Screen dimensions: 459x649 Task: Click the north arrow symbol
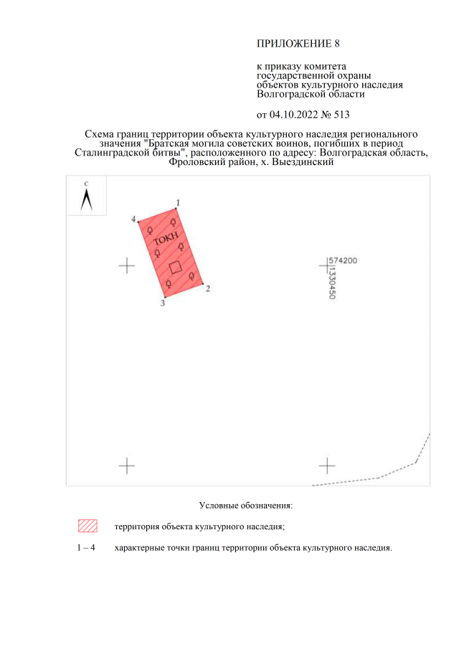(86, 199)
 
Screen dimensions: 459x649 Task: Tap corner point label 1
(178, 203)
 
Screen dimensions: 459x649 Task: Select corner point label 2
(208, 288)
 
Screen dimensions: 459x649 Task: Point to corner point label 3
(163, 303)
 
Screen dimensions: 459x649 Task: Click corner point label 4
(133, 219)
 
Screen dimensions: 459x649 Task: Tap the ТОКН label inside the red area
(166, 239)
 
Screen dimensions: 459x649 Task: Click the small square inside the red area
(176, 267)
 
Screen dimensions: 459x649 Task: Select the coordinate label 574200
(343, 260)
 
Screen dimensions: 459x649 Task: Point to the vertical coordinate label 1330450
(332, 283)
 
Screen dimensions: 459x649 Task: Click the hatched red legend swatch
(87, 526)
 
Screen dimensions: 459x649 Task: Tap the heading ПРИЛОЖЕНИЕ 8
(298, 44)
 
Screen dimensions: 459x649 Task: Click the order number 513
(342, 115)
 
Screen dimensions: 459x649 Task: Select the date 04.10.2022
(294, 115)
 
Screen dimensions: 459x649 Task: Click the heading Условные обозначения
(246, 506)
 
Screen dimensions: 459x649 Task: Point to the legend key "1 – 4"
(86, 548)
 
